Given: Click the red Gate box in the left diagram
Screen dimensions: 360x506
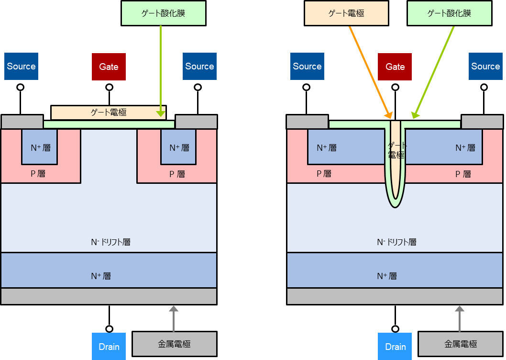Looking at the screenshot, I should (x=109, y=67).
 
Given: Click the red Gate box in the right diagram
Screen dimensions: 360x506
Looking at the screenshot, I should (x=395, y=67).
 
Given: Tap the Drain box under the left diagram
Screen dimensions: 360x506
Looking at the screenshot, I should (x=109, y=346).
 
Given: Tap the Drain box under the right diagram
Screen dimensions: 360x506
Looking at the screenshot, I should (x=395, y=346).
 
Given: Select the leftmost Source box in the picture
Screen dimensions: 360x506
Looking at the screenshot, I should (x=21, y=66).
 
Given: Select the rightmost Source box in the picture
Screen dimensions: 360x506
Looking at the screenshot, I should (x=485, y=66).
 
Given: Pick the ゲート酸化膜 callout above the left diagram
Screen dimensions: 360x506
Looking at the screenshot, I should (x=163, y=13).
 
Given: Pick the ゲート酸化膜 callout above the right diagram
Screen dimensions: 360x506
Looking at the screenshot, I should (x=449, y=13).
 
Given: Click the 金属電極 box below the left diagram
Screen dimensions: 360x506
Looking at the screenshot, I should (x=174, y=344).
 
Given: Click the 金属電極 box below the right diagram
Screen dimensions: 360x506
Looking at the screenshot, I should (x=461, y=344).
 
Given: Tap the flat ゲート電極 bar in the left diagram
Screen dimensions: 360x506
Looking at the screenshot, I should (x=108, y=112).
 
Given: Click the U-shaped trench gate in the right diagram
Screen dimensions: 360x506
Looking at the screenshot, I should (x=395, y=163).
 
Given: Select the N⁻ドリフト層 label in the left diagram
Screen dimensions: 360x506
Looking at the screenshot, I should (x=110, y=242).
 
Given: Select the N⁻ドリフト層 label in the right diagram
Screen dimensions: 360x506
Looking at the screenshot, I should (x=396, y=242).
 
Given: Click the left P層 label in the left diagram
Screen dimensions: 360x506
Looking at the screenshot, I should (x=38, y=174).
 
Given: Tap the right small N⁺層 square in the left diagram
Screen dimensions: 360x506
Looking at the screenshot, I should (x=178, y=147).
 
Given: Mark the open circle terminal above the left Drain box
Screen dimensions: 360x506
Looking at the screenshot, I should (x=109, y=328).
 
